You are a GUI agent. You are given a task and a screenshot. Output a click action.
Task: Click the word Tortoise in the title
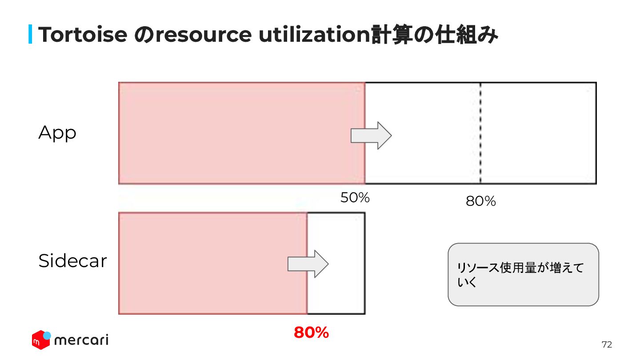[x=83, y=34]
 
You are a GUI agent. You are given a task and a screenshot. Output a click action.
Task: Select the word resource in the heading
[x=204, y=35]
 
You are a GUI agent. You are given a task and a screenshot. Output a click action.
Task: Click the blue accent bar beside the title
[x=30, y=34]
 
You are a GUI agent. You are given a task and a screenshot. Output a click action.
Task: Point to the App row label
[x=57, y=133]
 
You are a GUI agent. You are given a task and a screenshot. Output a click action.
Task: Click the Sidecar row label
[x=72, y=261]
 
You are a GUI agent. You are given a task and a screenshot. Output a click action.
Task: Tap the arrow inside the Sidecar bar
[x=308, y=264]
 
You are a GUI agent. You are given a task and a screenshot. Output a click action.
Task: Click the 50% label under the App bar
[x=355, y=198]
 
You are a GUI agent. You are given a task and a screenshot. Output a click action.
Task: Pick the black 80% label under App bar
[x=480, y=201]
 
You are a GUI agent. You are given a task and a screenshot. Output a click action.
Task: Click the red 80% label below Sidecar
[x=311, y=332]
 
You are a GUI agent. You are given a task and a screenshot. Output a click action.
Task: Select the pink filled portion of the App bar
[x=236, y=133]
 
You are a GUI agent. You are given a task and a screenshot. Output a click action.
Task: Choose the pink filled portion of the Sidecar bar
[x=204, y=263]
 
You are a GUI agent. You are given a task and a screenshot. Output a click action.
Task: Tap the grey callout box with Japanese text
[x=523, y=274]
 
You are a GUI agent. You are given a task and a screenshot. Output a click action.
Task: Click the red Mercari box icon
[x=41, y=340]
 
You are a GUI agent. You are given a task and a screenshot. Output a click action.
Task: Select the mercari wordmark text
[x=81, y=340]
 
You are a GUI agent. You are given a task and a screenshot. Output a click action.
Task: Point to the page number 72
[x=607, y=345]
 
